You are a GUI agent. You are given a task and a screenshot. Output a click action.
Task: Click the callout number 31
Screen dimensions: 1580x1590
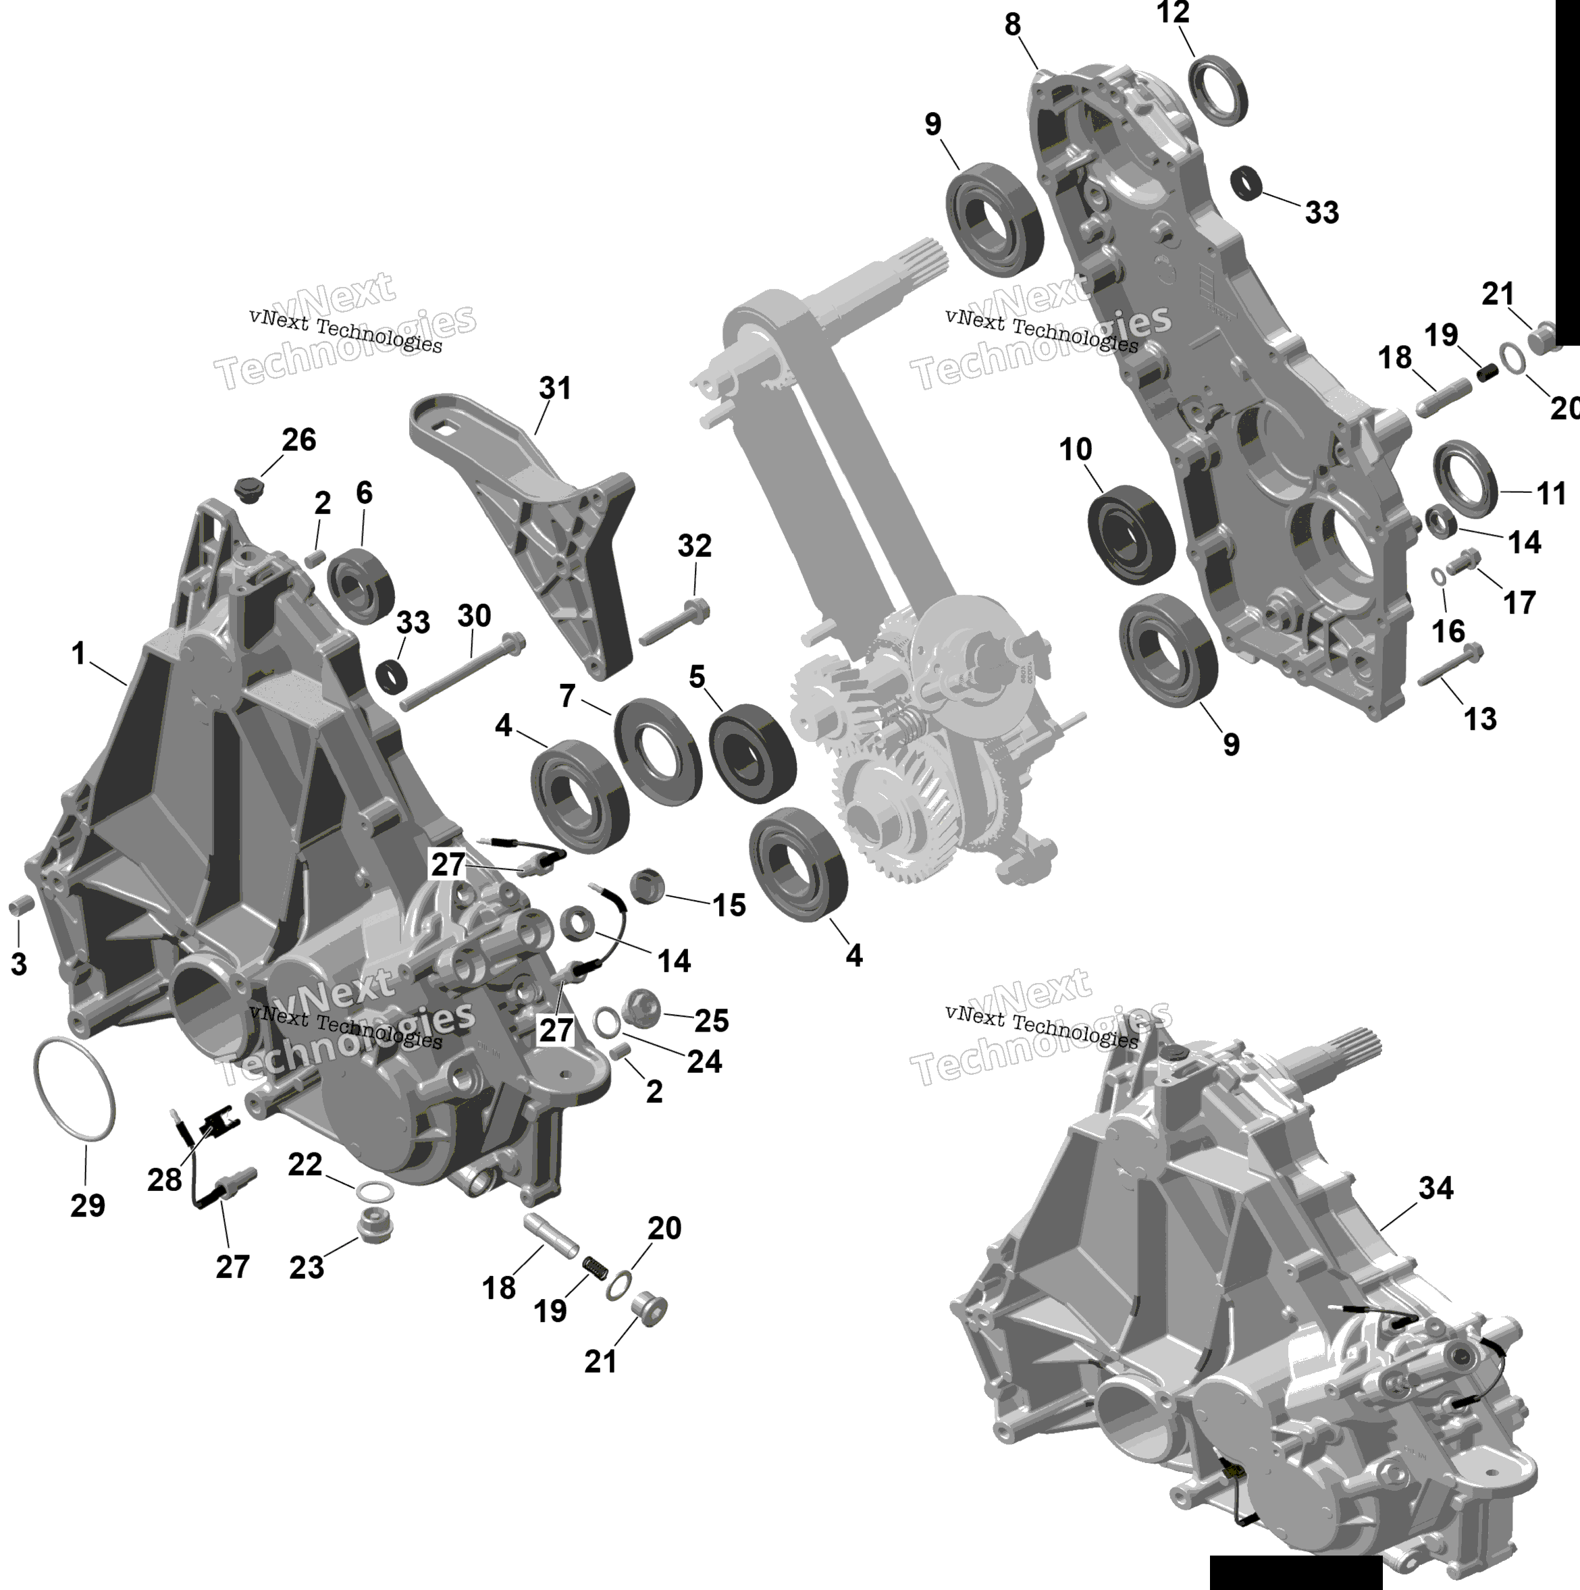point(554,388)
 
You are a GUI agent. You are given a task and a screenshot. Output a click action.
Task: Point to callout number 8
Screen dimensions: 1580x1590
point(1012,26)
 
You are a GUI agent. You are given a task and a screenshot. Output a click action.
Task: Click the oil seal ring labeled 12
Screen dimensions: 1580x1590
point(1218,90)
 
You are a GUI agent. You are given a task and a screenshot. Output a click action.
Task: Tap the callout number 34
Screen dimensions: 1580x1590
point(1436,1188)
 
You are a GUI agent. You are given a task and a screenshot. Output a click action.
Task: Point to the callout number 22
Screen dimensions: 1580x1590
point(305,1165)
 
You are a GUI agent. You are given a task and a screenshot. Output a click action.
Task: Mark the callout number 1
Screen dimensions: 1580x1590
point(78,654)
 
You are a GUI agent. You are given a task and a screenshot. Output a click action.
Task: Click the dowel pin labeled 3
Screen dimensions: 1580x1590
point(19,907)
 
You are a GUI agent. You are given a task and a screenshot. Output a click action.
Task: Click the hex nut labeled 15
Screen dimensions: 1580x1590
point(647,886)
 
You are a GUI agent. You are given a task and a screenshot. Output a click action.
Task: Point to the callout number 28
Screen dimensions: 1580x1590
point(165,1180)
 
